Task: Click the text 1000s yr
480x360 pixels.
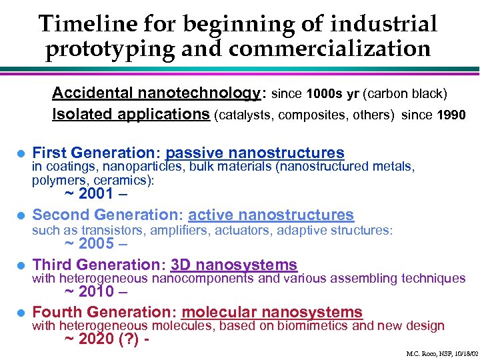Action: [x=331, y=93]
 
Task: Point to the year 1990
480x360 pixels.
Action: [x=451, y=115]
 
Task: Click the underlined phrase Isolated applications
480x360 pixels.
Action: [x=131, y=114]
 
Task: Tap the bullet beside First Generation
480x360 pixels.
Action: [x=21, y=153]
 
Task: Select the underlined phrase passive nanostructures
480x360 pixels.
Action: [x=255, y=153]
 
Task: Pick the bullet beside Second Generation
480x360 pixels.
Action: [x=21, y=215]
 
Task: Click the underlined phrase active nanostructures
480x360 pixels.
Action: [x=271, y=215]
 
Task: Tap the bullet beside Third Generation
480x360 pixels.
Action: [x=21, y=265]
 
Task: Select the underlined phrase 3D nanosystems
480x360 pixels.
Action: [x=233, y=265]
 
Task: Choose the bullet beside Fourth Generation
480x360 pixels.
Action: [x=21, y=313]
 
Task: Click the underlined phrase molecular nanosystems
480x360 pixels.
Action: [x=272, y=312]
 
